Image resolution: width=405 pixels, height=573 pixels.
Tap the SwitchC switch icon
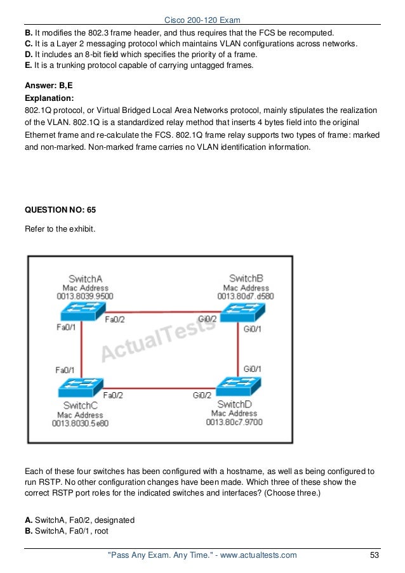[x=79, y=388]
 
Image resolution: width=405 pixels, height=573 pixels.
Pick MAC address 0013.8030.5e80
[x=81, y=423]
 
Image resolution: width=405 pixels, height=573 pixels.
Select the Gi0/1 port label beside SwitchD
[x=253, y=369]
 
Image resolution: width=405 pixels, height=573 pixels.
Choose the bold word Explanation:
[x=49, y=98]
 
